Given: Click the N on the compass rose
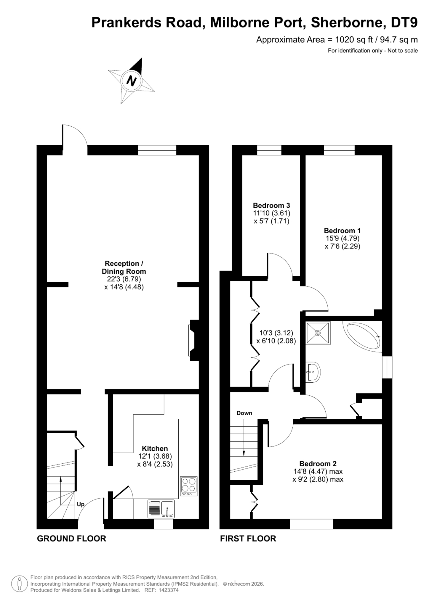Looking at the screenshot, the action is click(x=131, y=80).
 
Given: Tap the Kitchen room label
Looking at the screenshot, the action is click(x=155, y=449).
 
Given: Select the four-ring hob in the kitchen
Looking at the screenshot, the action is click(x=189, y=487).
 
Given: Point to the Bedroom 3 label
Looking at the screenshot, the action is click(x=271, y=205).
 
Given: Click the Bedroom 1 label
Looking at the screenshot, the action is click(x=342, y=231).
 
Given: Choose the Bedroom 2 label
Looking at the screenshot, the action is click(x=318, y=464).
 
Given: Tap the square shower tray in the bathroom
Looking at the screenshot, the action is click(x=318, y=333).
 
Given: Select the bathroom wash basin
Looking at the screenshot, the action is click(x=313, y=372).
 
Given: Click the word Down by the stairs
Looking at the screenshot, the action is click(x=244, y=413).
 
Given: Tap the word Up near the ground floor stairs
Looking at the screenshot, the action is click(x=81, y=505).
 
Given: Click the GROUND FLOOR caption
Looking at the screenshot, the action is click(x=71, y=539).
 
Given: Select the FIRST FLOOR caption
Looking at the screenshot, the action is click(x=248, y=539).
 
